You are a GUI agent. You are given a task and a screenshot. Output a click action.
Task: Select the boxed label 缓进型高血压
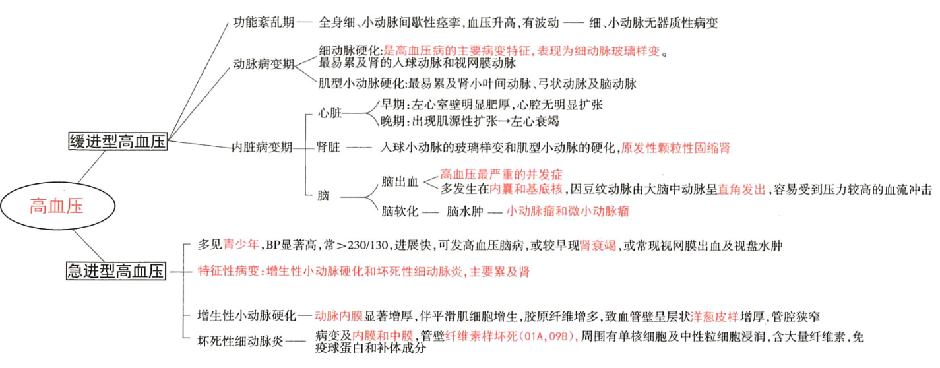click(x=118, y=142)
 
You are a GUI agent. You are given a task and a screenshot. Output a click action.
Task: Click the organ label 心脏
click(x=330, y=113)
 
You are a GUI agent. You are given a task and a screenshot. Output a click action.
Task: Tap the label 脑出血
click(x=400, y=181)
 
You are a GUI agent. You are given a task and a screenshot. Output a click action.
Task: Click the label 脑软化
click(x=400, y=212)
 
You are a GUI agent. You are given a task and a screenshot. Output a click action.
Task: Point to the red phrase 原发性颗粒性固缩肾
click(x=675, y=147)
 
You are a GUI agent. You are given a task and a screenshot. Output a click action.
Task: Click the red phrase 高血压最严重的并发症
click(x=501, y=175)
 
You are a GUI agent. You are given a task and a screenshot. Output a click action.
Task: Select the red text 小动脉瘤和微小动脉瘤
click(x=567, y=212)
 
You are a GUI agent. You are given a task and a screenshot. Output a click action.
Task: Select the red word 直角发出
click(x=742, y=190)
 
